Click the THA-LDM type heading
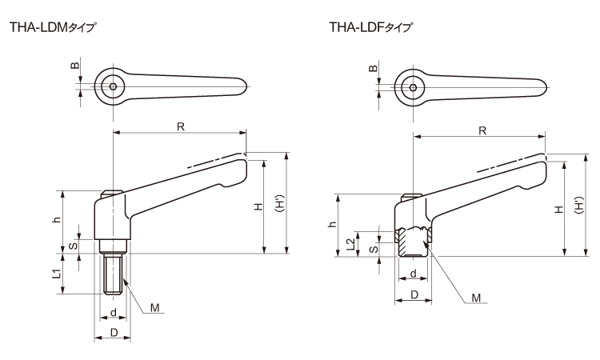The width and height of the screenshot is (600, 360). click(x=52, y=27)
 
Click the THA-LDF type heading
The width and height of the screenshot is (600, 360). click(x=371, y=27)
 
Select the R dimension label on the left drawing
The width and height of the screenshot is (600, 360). click(x=181, y=126)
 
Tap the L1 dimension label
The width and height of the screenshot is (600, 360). click(x=57, y=274)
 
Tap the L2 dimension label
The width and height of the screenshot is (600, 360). click(x=352, y=245)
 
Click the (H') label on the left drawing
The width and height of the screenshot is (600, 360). click(x=278, y=206)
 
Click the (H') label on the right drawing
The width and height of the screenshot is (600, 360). click(x=578, y=209)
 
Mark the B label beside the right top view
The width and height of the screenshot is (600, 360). click(x=374, y=69)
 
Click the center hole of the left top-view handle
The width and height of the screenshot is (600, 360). click(x=114, y=86)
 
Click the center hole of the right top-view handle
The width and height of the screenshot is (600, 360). click(x=414, y=86)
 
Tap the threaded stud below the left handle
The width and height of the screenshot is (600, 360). click(x=114, y=272)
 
